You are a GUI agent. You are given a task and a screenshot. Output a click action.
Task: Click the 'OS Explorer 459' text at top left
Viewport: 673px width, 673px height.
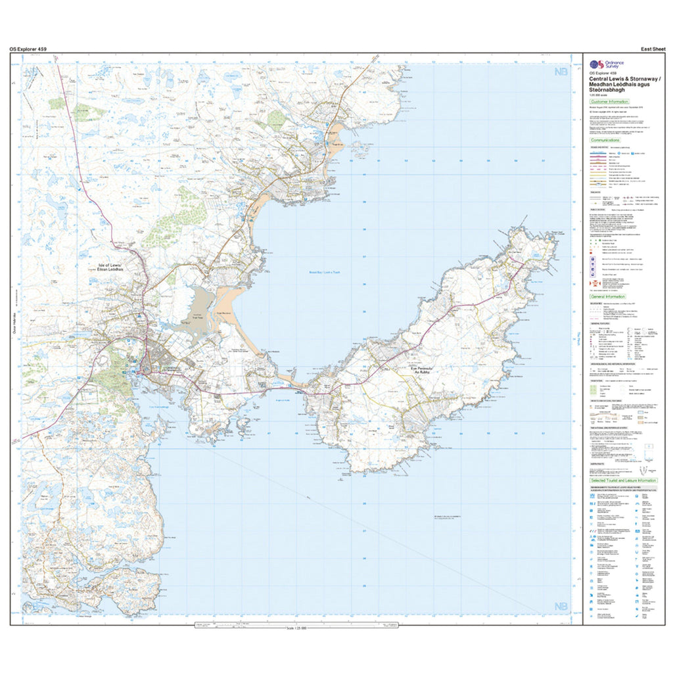[x=28, y=49]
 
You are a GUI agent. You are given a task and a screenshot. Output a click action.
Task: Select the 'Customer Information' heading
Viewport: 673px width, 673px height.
[x=609, y=102]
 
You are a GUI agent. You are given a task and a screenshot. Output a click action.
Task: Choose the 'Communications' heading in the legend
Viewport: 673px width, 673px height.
[x=605, y=140]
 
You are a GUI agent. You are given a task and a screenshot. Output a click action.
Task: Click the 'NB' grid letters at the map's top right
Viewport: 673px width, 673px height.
[x=561, y=72]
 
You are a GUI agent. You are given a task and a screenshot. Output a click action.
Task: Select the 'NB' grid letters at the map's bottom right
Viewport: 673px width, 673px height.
[x=561, y=606]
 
